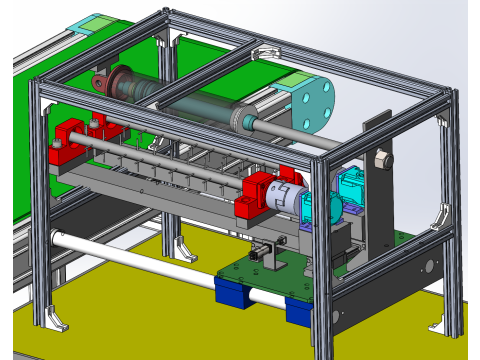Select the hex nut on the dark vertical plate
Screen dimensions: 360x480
(381, 159)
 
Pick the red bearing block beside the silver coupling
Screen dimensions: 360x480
(258, 196)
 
